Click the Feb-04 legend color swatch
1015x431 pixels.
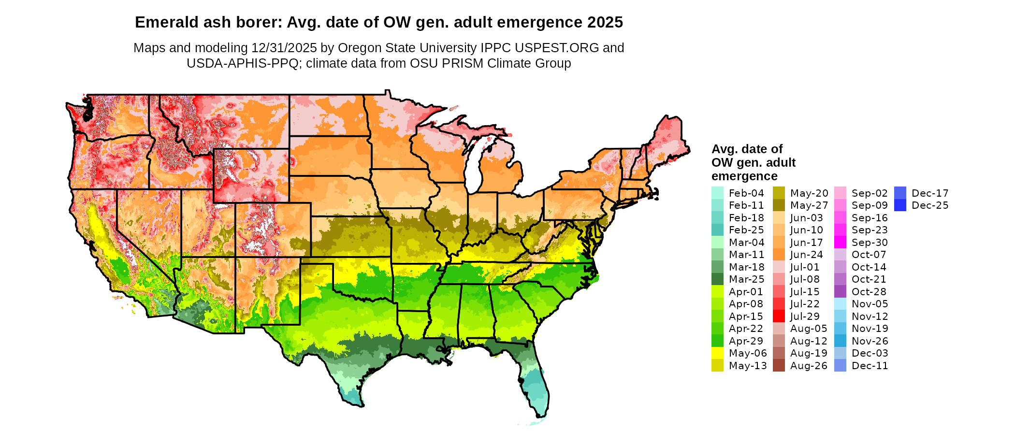pyautogui.click(x=717, y=193)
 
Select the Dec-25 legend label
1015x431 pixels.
pyautogui.click(x=930, y=205)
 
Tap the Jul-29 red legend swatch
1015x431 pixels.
pyautogui.click(x=779, y=316)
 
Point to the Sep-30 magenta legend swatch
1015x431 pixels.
pyautogui.click(x=840, y=243)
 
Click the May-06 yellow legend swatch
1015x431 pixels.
pyautogui.click(x=717, y=353)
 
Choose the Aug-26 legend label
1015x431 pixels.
pyautogui.click(x=809, y=366)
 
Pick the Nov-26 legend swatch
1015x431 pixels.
pyautogui.click(x=840, y=341)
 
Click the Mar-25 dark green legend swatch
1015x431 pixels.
pyautogui.click(x=717, y=279)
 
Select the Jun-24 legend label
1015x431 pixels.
pyautogui.click(x=806, y=255)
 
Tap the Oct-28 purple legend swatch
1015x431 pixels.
pyautogui.click(x=840, y=292)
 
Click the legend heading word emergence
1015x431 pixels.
pyautogui.click(x=744, y=176)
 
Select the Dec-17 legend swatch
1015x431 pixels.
pyautogui.click(x=900, y=193)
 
